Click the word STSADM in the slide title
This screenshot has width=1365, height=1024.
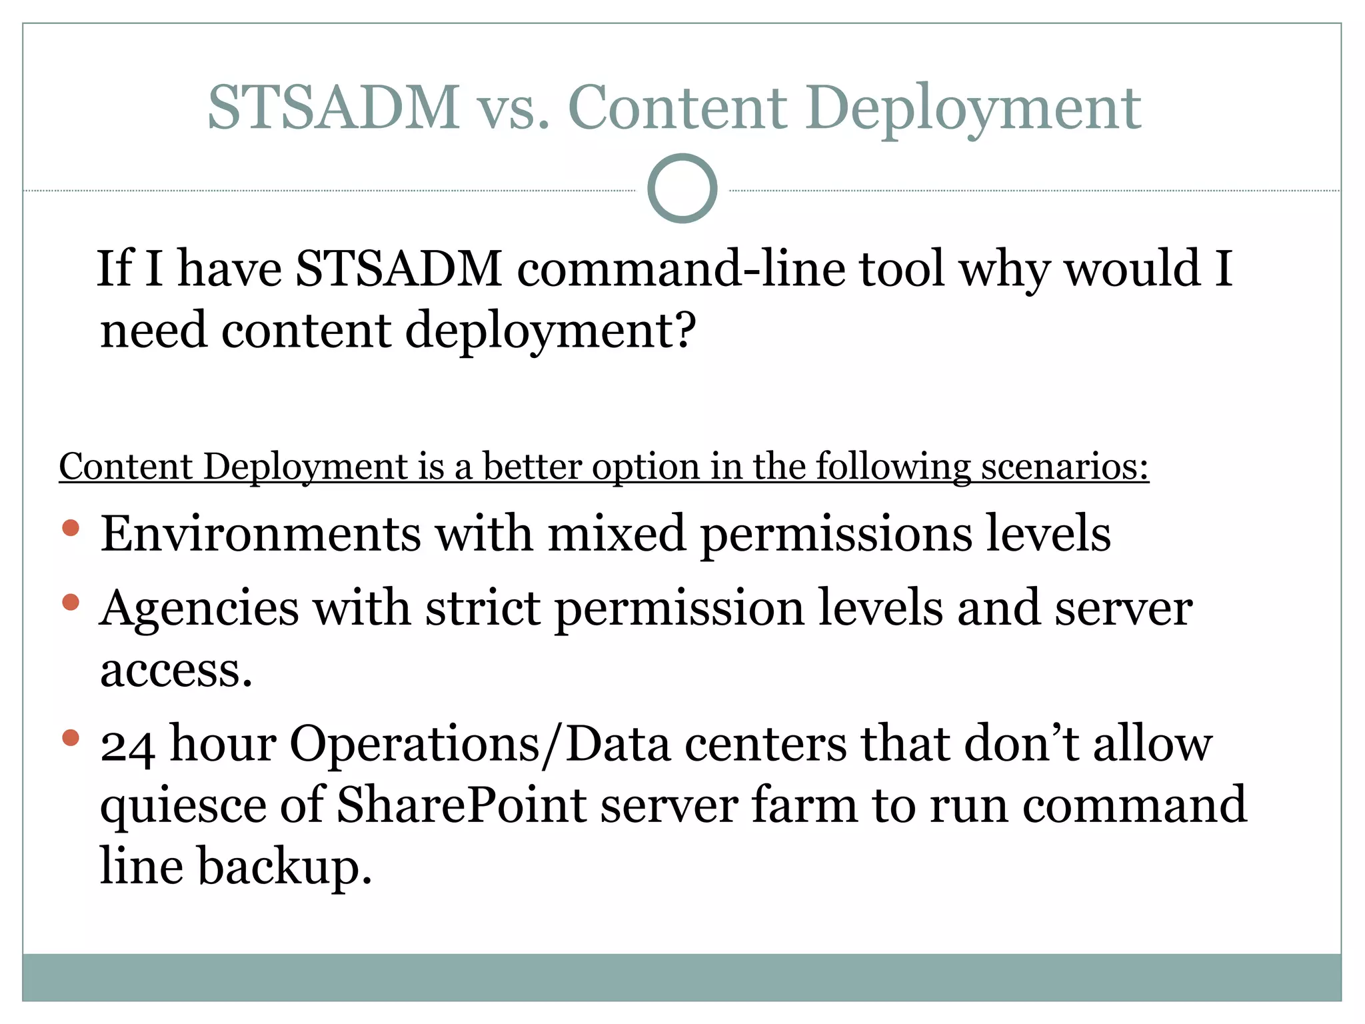pos(333,107)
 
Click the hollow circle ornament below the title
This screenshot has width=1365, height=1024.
pos(682,189)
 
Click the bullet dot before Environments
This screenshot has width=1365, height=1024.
pos(71,529)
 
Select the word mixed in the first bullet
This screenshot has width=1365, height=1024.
pos(617,534)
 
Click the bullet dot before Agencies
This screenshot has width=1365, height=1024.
pos(71,603)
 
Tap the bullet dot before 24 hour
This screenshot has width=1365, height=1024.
pos(71,738)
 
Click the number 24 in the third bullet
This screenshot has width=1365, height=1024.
pos(127,745)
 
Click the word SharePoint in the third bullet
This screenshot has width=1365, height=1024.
pos(461,805)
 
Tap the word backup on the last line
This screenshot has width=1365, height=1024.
pos(285,867)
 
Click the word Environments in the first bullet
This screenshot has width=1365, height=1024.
pos(261,534)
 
